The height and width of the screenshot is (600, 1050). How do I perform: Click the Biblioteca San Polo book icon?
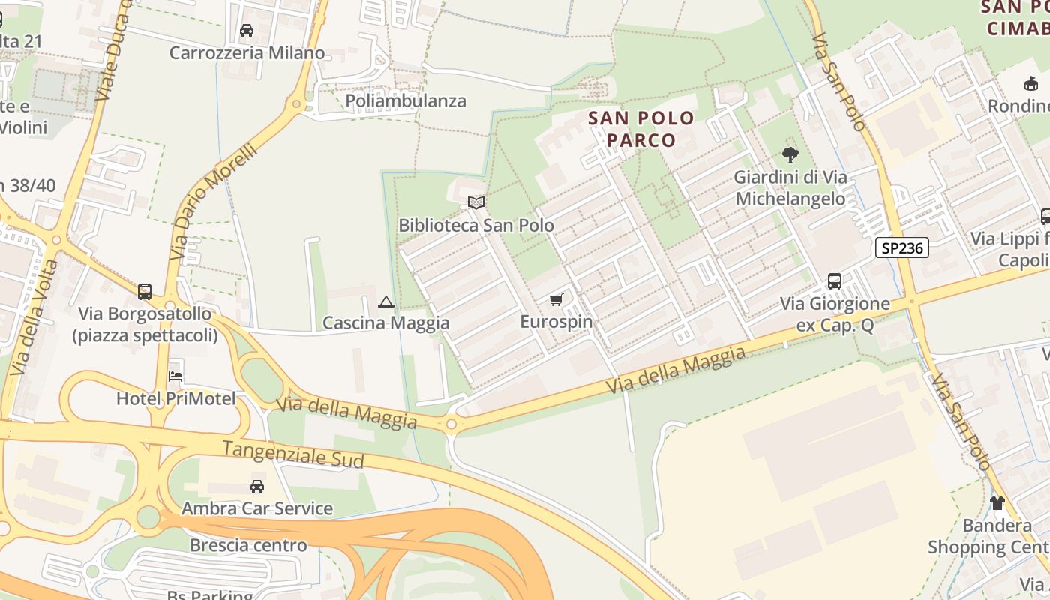[476, 202]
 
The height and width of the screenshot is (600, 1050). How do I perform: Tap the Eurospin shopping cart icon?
[556, 300]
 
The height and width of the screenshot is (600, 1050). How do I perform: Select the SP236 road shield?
[902, 247]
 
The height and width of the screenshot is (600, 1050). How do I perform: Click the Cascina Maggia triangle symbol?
[386, 302]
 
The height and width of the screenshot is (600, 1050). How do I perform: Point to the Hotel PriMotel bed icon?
[175, 376]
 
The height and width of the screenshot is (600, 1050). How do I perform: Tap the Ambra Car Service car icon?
[257, 487]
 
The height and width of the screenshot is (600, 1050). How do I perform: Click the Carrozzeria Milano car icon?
[247, 31]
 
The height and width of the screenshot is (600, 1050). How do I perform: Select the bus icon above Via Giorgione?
[835, 281]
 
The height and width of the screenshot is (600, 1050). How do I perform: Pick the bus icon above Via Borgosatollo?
[145, 292]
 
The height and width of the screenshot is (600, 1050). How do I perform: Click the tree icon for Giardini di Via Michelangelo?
[790, 155]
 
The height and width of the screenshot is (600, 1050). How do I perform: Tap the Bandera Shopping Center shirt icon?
[997, 503]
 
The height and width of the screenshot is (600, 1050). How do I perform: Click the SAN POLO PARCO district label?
[641, 128]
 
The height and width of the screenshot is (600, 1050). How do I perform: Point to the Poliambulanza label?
[406, 100]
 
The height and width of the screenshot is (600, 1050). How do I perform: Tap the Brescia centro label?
[248, 545]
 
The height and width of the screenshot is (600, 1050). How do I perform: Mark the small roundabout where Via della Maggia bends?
[451, 424]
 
